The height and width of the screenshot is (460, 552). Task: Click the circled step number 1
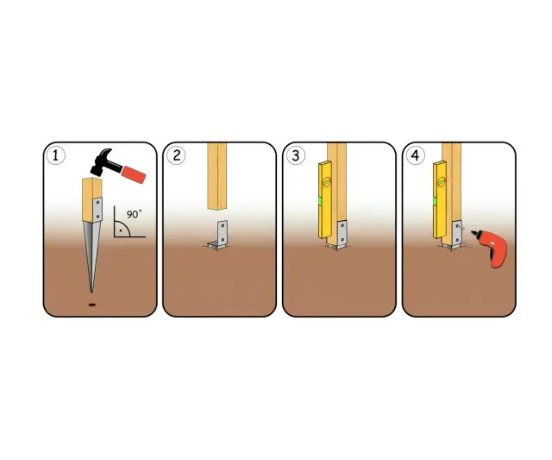[x=56, y=155]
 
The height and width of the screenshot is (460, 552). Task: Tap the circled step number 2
[x=176, y=155]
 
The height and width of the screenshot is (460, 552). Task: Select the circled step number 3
[x=296, y=155]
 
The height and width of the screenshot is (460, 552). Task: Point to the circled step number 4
[x=416, y=155]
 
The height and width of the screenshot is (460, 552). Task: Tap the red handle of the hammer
[x=133, y=174]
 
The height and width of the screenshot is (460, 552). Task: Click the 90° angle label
[x=135, y=214]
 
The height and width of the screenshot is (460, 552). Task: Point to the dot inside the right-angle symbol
[x=121, y=230]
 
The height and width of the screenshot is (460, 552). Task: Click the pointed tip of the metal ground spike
[x=92, y=292]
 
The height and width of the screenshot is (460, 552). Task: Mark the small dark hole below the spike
[x=92, y=305]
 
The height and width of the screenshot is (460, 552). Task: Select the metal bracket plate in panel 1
[x=97, y=210]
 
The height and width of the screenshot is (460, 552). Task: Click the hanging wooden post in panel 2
[x=217, y=177]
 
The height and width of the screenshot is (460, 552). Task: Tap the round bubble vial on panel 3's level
[x=328, y=182]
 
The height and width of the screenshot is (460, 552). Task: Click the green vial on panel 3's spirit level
[x=321, y=201]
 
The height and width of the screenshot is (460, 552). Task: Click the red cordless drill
[x=492, y=247]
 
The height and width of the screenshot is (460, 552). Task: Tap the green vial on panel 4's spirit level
[x=435, y=201]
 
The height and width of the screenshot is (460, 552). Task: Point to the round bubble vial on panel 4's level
[x=442, y=182]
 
